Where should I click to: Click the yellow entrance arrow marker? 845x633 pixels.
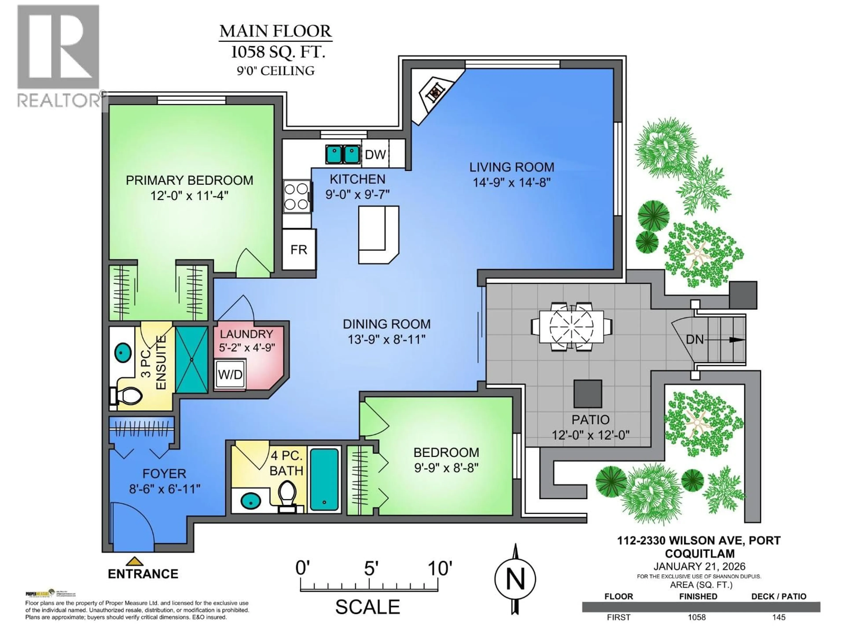click(x=134, y=561)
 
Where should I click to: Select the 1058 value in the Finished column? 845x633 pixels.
click(x=697, y=617)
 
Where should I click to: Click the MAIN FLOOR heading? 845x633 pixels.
click(x=276, y=31)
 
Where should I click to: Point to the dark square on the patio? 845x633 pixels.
click(x=588, y=393)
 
